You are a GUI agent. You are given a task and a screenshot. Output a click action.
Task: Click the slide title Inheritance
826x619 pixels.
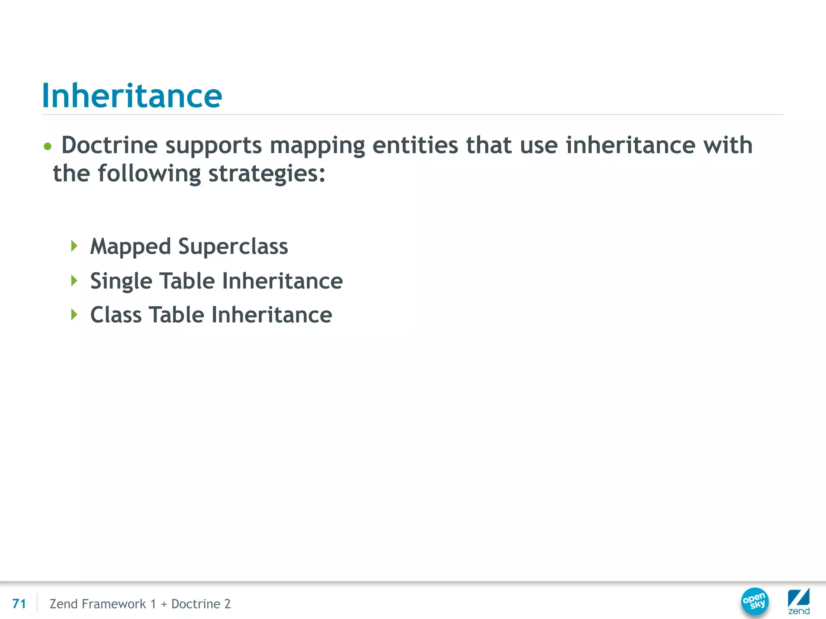pyautogui.click(x=132, y=96)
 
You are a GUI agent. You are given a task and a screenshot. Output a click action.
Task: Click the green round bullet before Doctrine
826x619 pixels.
pyautogui.click(x=48, y=146)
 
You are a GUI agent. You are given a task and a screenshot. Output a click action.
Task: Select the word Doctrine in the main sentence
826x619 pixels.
pyautogui.click(x=109, y=145)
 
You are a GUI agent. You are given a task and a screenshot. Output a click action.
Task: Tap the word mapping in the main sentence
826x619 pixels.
pyautogui.click(x=317, y=146)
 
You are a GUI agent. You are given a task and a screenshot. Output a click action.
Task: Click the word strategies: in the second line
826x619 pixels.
pyautogui.click(x=267, y=174)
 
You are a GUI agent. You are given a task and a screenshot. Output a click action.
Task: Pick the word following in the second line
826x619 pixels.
pyautogui.click(x=149, y=174)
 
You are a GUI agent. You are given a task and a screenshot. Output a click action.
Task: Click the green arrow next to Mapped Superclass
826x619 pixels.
pyautogui.click(x=74, y=246)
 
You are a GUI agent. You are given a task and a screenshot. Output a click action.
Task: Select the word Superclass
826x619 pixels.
pyautogui.click(x=233, y=246)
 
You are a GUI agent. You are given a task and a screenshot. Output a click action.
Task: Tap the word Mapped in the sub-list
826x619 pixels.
pyautogui.click(x=130, y=247)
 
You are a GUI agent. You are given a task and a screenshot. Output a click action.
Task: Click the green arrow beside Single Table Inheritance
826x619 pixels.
pyautogui.click(x=74, y=280)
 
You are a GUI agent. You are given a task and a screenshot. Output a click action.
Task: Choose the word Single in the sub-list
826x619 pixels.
pyautogui.click(x=121, y=281)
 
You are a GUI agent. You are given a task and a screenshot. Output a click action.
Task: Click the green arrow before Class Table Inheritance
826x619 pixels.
pyautogui.click(x=74, y=314)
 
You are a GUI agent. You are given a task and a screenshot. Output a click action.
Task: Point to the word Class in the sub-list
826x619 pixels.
pyautogui.click(x=116, y=315)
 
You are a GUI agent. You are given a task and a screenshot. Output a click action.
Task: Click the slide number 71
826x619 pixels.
pyautogui.click(x=19, y=604)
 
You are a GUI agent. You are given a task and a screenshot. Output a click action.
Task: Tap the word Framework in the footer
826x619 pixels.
pyautogui.click(x=114, y=604)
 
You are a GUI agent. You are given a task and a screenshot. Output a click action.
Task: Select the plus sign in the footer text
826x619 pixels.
pyautogui.click(x=164, y=604)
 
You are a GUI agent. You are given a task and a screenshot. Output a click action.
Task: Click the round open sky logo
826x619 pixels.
pyautogui.click(x=755, y=601)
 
